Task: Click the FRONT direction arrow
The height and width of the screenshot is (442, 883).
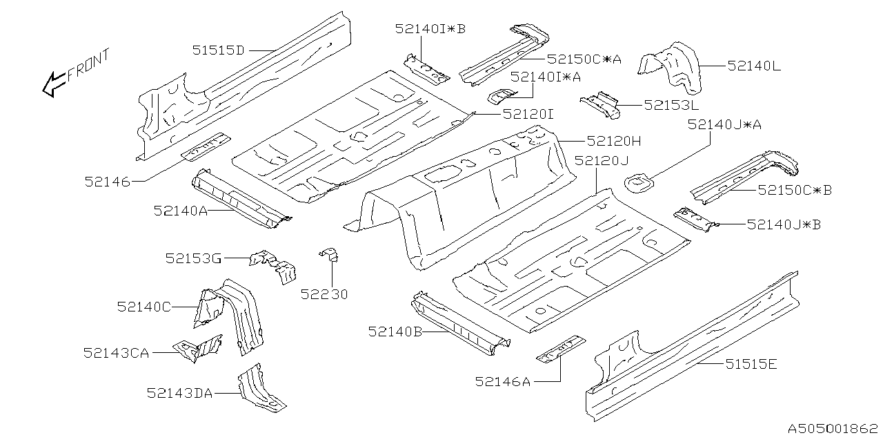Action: [x=54, y=84]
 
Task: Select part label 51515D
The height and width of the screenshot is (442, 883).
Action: [x=219, y=50]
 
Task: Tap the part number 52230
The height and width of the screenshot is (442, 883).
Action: [x=324, y=294]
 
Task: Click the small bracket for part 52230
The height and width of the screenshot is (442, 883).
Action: [x=330, y=255]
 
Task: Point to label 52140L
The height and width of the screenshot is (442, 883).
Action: [x=754, y=66]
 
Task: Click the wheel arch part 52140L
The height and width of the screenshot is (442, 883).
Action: [x=671, y=67]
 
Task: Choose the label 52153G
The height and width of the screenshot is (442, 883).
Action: [x=193, y=258]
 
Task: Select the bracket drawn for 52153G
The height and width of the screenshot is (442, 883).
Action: [x=274, y=266]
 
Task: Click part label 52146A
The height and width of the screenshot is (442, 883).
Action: [x=503, y=382]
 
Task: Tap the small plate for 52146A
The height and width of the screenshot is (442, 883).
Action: [x=562, y=349]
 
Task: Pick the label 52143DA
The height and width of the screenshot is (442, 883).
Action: [x=179, y=393]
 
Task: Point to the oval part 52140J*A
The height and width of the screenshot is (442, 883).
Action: [x=638, y=183]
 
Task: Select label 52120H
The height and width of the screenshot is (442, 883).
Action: [x=614, y=141]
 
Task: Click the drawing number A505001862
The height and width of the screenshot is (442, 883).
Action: [x=833, y=429]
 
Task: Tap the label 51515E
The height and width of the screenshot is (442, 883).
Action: [x=751, y=364]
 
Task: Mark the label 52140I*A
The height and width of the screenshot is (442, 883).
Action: [x=546, y=77]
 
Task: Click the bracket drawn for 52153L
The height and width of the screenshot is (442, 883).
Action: [x=600, y=105]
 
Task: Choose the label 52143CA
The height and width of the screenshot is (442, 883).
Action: [x=117, y=353]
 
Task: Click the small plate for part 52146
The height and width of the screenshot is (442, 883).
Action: [x=206, y=146]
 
